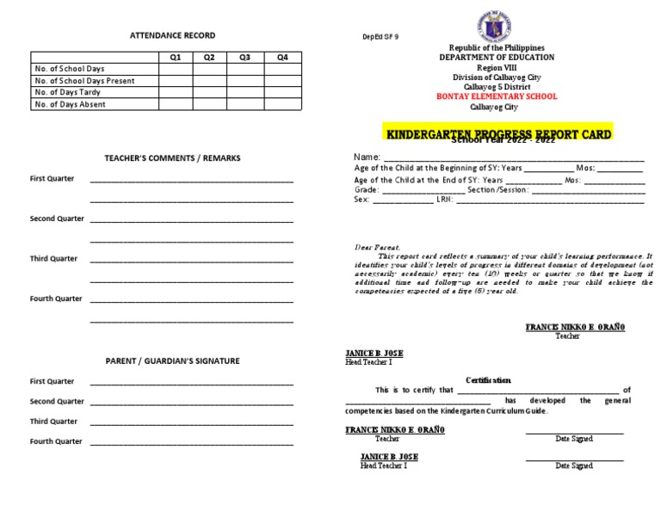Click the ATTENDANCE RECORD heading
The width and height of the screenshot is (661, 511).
(172, 35)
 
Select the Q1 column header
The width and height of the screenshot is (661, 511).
(176, 57)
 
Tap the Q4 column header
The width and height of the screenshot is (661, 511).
(283, 57)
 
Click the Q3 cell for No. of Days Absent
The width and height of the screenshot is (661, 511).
(245, 104)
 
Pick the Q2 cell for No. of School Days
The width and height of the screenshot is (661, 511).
(209, 68)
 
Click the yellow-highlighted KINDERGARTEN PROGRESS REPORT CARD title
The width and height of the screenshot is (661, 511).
(498, 134)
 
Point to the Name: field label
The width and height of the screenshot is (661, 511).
(368, 157)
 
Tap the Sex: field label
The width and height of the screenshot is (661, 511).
(361, 200)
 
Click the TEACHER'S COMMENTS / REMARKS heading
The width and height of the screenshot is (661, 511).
(172, 158)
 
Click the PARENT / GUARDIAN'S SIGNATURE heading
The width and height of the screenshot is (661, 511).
(172, 360)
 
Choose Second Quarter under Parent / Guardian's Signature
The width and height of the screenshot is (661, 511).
(57, 402)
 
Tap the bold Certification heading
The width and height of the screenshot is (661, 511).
(488, 379)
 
